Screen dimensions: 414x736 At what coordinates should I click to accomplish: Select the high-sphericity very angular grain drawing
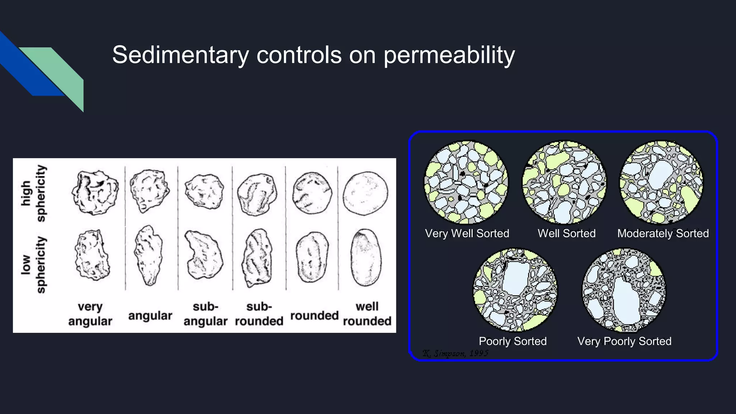pyautogui.click(x=95, y=192)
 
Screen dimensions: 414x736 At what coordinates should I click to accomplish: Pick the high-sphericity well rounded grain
pyautogui.click(x=365, y=193)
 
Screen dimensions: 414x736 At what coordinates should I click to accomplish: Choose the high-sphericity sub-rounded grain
pyautogui.click(x=257, y=194)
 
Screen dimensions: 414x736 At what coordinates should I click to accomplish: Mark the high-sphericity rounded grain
pyautogui.click(x=312, y=193)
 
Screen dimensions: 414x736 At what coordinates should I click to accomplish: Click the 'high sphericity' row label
pyautogui.click(x=33, y=193)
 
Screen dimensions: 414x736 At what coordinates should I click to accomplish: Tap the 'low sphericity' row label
pyautogui.click(x=33, y=264)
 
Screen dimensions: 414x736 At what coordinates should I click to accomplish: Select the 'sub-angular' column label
pyautogui.click(x=205, y=314)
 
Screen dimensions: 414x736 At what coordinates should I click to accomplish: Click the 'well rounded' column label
pyautogui.click(x=367, y=314)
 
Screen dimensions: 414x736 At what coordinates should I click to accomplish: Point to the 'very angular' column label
pyautogui.click(x=90, y=314)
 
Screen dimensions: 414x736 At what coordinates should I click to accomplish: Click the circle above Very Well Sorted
pyautogui.click(x=466, y=183)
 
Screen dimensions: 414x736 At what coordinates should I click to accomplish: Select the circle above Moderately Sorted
pyautogui.click(x=661, y=183)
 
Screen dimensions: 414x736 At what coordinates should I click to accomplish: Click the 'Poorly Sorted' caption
pyautogui.click(x=512, y=341)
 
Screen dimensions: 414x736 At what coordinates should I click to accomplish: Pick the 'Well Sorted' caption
pyautogui.click(x=566, y=233)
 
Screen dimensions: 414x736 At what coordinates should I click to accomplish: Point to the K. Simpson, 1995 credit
pyautogui.click(x=455, y=353)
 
